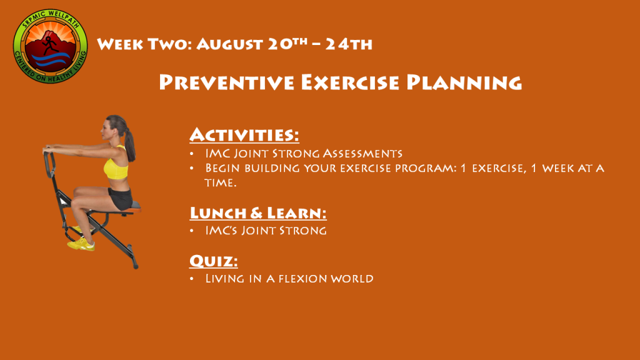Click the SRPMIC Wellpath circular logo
click(50, 46)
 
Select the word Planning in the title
click(464, 82)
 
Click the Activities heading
click(244, 135)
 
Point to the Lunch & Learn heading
click(258, 212)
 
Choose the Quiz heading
click(214, 261)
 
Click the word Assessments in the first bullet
click(362, 154)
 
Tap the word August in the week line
click(229, 44)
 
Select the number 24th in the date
click(349, 44)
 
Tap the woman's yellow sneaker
click(81, 245)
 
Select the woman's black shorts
click(120, 198)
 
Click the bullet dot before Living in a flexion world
click(192, 279)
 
